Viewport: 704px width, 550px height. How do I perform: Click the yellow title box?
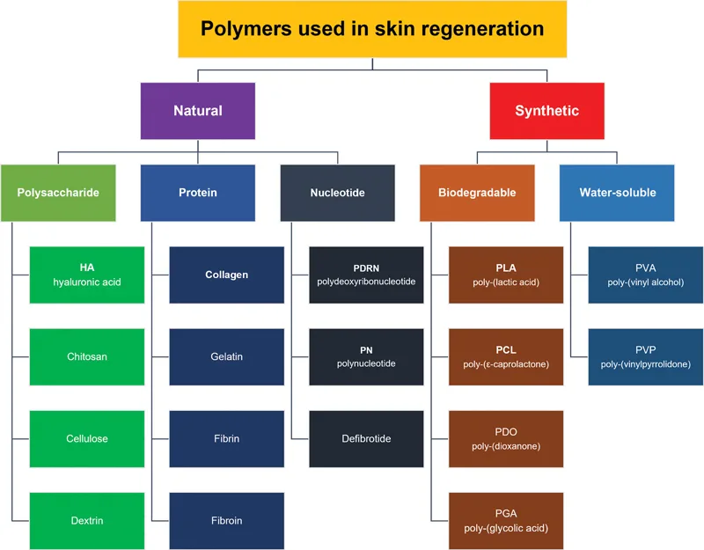[372, 29]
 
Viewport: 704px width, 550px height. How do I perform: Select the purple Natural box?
[197, 111]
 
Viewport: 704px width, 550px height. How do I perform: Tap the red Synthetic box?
[546, 111]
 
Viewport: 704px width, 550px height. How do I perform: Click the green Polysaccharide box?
[58, 193]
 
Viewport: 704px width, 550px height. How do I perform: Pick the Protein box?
[197, 193]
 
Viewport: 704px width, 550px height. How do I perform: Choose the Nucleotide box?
[338, 193]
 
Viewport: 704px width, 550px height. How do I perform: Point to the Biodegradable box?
[477, 193]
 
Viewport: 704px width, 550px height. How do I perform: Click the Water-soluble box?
[617, 193]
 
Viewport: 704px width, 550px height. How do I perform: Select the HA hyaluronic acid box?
[87, 275]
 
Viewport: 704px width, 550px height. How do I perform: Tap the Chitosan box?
[87, 357]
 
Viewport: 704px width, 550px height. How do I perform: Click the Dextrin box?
[87, 521]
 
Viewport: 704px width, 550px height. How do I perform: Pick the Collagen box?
[227, 275]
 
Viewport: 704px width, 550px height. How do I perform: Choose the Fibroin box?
[227, 521]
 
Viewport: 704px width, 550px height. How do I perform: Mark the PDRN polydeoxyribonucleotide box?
[366, 275]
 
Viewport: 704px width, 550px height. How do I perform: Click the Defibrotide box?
[366, 439]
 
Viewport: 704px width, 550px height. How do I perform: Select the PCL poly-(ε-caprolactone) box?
[506, 357]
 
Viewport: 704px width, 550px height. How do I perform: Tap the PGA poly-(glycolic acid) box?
[506, 521]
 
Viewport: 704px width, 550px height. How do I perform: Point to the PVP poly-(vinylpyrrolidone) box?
[646, 357]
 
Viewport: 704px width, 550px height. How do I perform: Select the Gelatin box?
[227, 357]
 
